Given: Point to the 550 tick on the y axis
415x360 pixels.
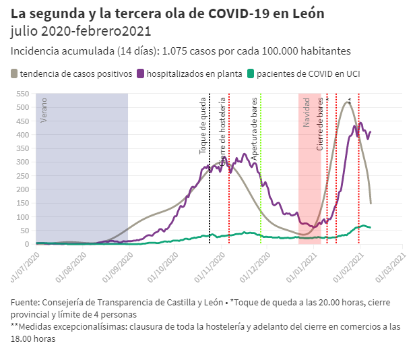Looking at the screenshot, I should (23, 94).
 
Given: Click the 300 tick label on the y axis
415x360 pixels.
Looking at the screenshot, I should (23, 162).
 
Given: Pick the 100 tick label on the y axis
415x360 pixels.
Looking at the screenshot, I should (23, 216).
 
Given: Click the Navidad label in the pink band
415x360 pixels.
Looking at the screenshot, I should (307, 112).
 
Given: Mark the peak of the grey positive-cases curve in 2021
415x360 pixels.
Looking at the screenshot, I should (348, 102).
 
